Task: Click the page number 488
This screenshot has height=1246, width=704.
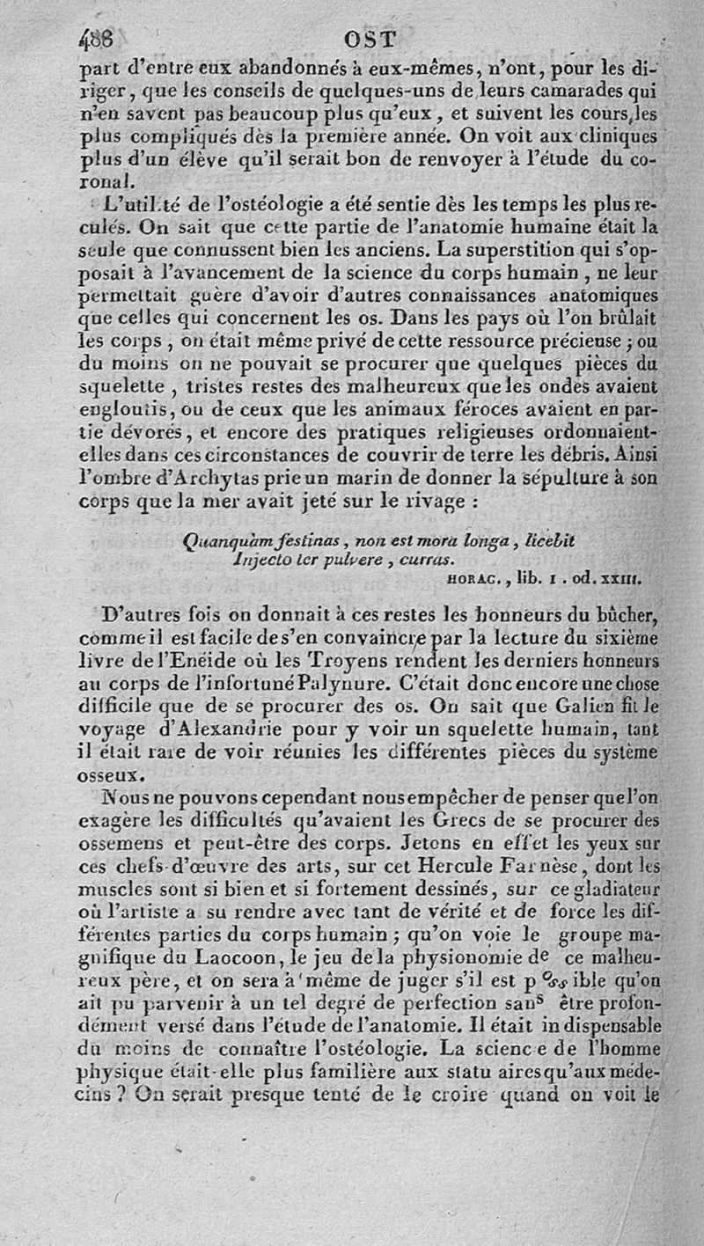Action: [x=98, y=39]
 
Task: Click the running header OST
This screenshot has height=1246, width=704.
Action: [x=371, y=40]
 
